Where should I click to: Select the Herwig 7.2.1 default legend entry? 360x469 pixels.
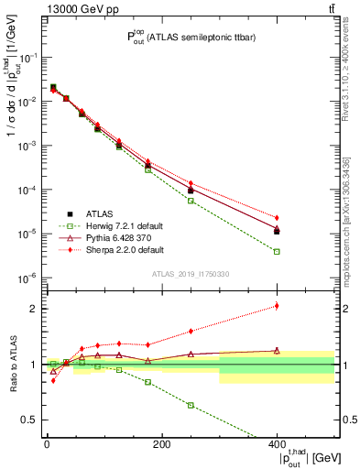tap(109, 226)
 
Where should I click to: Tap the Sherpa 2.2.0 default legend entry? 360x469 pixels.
tap(109, 248)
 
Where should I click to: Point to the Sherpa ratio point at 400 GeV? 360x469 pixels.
tap(277, 306)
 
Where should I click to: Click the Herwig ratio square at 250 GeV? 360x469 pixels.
tap(191, 405)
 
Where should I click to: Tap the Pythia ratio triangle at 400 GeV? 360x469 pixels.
tap(277, 350)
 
